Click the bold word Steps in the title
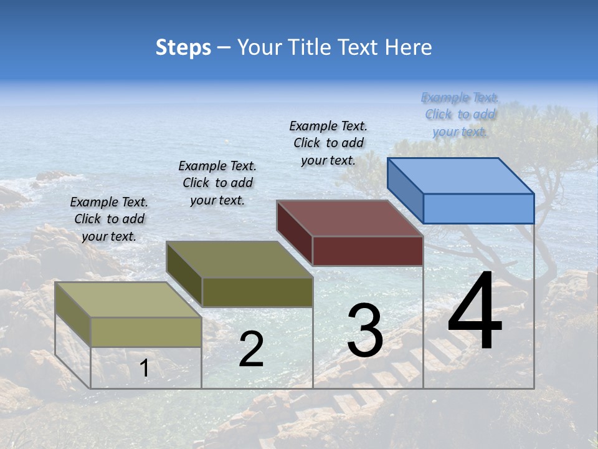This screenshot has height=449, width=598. pyautogui.click(x=183, y=47)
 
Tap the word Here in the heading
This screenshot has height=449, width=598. pyautogui.click(x=409, y=47)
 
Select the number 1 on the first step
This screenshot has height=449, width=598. pyautogui.click(x=145, y=369)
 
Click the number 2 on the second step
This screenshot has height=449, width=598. pyautogui.click(x=251, y=349)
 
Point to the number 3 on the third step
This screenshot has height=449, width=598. pyautogui.click(x=365, y=331)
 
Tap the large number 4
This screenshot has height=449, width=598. pyautogui.click(x=475, y=312)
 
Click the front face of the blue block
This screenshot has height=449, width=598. pyautogui.click(x=478, y=208)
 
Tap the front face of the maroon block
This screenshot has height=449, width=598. pyautogui.click(x=368, y=251)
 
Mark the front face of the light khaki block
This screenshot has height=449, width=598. pyautogui.click(x=146, y=332)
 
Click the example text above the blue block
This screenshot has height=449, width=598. pyautogui.click(x=460, y=114)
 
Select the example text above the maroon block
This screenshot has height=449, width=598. pyautogui.click(x=328, y=143)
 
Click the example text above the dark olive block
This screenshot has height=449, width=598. pyautogui.click(x=217, y=183)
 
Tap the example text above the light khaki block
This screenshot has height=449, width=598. pyautogui.click(x=109, y=219)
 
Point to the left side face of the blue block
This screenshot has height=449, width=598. pyautogui.click(x=405, y=190)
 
